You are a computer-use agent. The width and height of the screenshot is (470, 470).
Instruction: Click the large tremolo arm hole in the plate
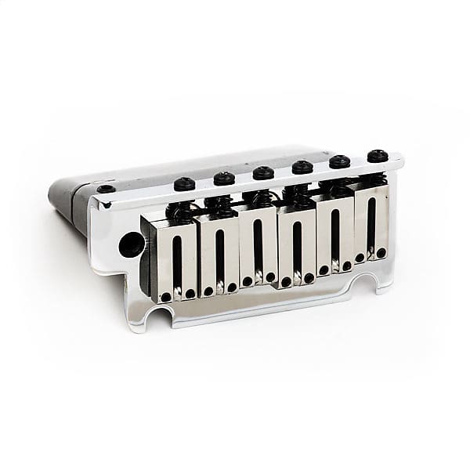[131, 244]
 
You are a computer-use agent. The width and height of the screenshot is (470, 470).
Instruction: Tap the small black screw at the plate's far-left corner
[106, 189]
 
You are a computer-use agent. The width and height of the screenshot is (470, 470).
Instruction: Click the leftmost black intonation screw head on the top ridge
[184, 183]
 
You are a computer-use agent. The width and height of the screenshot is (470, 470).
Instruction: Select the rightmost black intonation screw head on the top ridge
[378, 156]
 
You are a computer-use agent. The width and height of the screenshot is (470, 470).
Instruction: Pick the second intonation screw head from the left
[225, 178]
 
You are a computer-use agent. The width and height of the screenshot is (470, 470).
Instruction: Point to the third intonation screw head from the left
[263, 172]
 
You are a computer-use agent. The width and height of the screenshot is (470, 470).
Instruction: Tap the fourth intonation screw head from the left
[302, 167]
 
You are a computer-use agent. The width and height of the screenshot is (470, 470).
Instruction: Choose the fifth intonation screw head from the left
[340, 161]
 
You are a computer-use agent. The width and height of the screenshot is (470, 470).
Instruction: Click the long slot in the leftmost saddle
[178, 258]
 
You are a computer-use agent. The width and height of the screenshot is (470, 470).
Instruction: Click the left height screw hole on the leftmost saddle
[166, 297]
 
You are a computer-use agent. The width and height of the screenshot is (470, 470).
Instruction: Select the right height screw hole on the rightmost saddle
[381, 253]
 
